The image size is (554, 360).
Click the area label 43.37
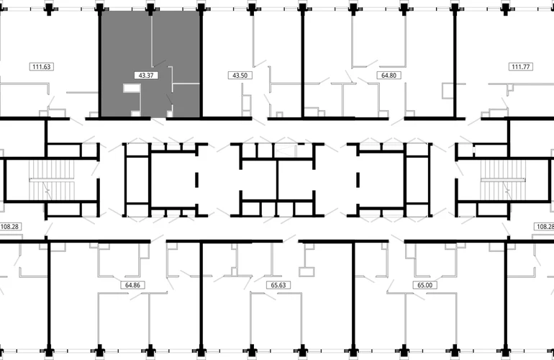pyautogui.click(x=146, y=76)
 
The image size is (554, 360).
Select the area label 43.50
pyautogui.click(x=240, y=76)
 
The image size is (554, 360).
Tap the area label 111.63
pyautogui.click(x=42, y=66)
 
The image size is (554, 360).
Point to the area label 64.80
pyautogui.click(x=389, y=76)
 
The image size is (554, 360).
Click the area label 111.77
pyautogui.click(x=520, y=66)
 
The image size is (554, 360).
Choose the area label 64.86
pyautogui.click(x=132, y=285)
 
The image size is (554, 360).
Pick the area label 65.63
pyautogui.click(x=278, y=285)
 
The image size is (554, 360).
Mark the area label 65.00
pyautogui.click(x=424, y=285)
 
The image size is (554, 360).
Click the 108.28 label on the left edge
pyautogui.click(x=10, y=226)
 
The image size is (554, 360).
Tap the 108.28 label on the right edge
pyautogui.click(x=544, y=226)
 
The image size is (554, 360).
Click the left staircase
pyautogui.click(x=52, y=180)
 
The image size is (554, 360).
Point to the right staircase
pyautogui.click(x=503, y=180)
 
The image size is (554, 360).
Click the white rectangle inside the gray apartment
pyautogui.click(x=132, y=88)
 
